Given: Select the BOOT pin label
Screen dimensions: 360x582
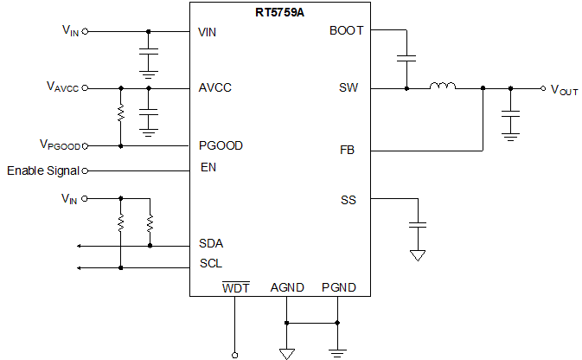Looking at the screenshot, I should tap(347, 31).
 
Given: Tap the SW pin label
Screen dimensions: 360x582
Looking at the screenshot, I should tap(349, 88).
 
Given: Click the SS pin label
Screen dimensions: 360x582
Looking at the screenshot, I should tap(349, 201).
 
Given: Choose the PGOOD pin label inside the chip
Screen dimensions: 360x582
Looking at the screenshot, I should tap(221, 146).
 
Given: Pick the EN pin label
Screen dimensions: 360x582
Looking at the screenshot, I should tap(208, 168).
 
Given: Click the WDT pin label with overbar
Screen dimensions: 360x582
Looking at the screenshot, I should tap(236, 287).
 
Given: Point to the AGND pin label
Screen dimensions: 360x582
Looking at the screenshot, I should tap(287, 287).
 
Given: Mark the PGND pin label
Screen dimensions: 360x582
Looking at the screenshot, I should tap(338, 287).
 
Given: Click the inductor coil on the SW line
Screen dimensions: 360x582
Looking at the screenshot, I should tap(443, 87).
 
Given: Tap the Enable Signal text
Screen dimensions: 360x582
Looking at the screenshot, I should tap(43, 170).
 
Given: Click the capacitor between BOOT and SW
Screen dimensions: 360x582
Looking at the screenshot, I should tap(406, 59).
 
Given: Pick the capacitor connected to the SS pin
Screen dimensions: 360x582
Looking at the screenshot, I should tap(418, 225).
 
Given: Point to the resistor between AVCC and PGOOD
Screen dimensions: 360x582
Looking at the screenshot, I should tap(121, 113).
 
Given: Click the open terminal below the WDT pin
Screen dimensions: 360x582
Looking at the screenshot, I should tap(234, 353).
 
